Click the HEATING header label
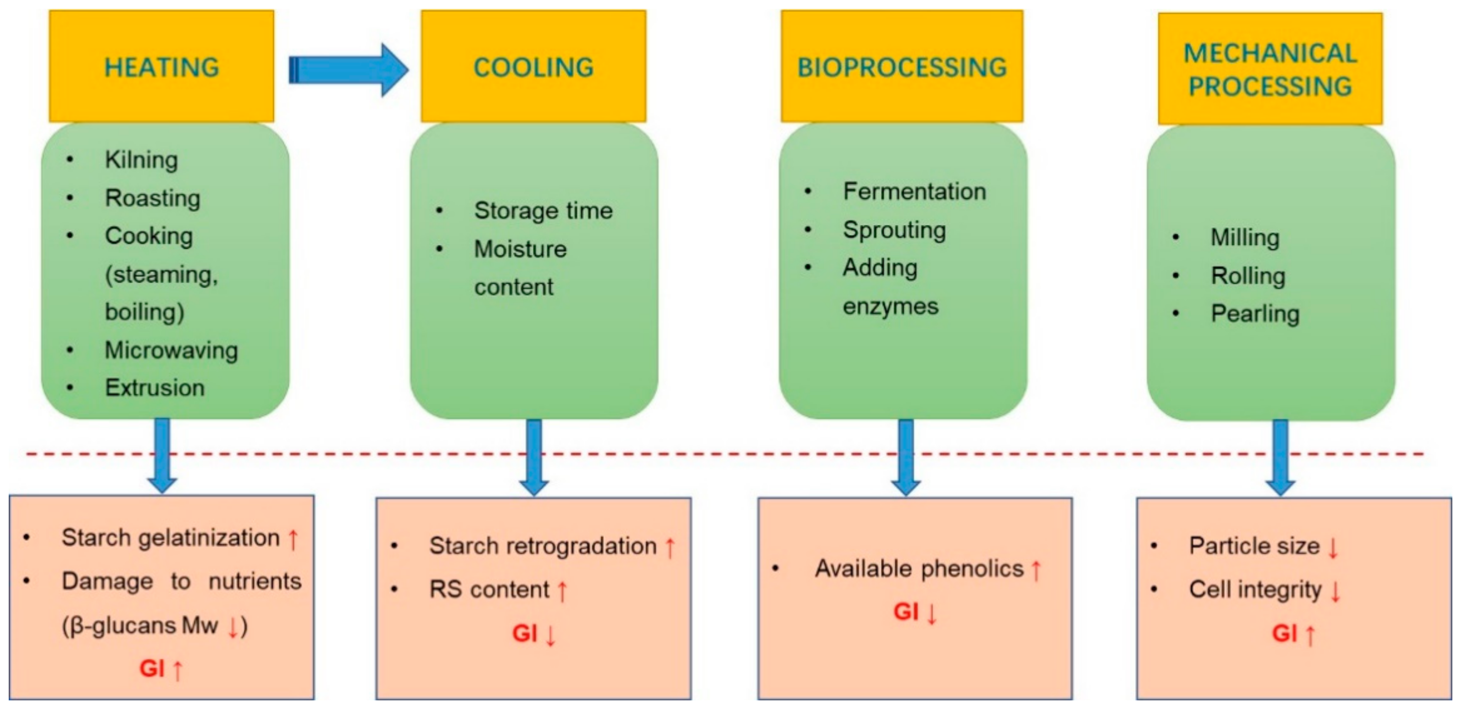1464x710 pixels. point(161,67)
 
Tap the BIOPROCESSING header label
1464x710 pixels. point(902,67)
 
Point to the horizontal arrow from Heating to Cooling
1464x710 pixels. point(348,69)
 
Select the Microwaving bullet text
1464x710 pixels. point(171,350)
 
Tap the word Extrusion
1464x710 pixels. point(155,388)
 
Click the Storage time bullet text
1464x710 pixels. point(543,211)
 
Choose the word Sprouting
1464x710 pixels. point(894,230)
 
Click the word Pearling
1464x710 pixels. point(1255,314)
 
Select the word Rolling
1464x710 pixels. point(1248,276)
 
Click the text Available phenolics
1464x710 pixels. point(919,568)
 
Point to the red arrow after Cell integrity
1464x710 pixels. point(1336,591)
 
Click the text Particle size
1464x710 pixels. point(1254,546)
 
